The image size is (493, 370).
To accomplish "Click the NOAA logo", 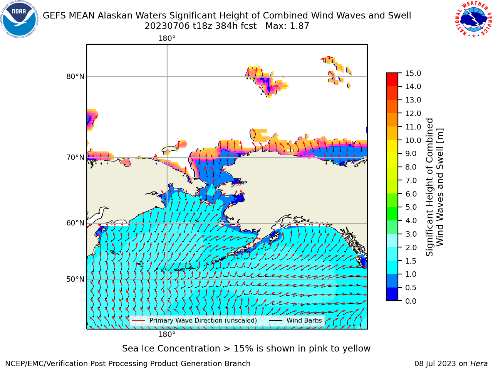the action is pyautogui.click(x=19, y=19).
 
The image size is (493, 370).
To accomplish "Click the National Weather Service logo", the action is pyautogui.click(x=474, y=19).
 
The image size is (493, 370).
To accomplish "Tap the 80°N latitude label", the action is pyautogui.click(x=75, y=77).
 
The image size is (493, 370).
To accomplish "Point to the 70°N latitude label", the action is pyautogui.click(x=75, y=158).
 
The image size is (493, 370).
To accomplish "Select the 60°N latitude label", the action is pyautogui.click(x=75, y=223).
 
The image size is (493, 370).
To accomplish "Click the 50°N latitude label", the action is pyautogui.click(x=75, y=279).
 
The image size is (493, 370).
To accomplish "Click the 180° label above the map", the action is pyautogui.click(x=167, y=39).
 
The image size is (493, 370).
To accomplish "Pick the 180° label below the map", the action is pyautogui.click(x=167, y=335).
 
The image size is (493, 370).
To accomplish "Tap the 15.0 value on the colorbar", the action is pyautogui.click(x=413, y=73).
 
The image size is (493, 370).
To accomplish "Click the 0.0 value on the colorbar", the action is pyautogui.click(x=411, y=301).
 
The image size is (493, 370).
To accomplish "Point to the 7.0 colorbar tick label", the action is pyautogui.click(x=411, y=180).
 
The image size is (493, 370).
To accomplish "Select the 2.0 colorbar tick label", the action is pyautogui.click(x=411, y=247).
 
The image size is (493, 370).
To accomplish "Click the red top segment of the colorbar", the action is pyautogui.click(x=392, y=80).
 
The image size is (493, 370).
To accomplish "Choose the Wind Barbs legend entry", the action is pyautogui.click(x=295, y=321).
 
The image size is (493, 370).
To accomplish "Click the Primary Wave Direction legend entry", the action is pyautogui.click(x=195, y=321).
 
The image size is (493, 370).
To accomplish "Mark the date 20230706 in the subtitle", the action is pyautogui.click(x=167, y=26).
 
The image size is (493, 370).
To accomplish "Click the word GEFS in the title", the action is pyautogui.click(x=54, y=16).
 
